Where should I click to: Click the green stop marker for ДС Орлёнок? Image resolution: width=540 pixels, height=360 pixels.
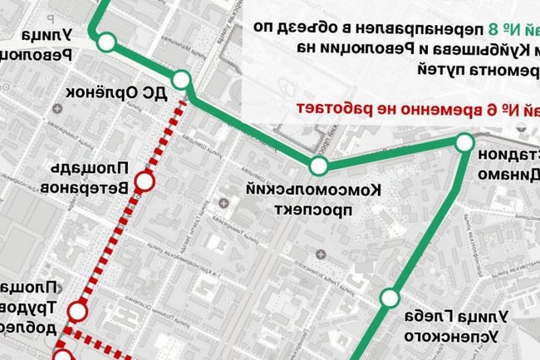pyautogui.click(x=182, y=81)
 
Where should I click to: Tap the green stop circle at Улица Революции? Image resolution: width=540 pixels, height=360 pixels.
pyautogui.click(x=106, y=42)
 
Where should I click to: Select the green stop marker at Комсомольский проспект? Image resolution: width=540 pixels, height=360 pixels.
pyautogui.click(x=318, y=165)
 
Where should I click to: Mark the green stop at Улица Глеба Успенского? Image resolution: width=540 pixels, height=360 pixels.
pyautogui.click(x=390, y=298)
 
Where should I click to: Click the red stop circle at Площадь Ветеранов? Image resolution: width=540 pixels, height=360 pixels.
pyautogui.click(x=145, y=180)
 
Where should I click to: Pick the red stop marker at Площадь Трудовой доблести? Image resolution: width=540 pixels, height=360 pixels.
pyautogui.click(x=78, y=311)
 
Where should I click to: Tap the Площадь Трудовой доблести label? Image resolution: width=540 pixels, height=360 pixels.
pyautogui.click(x=27, y=306)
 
